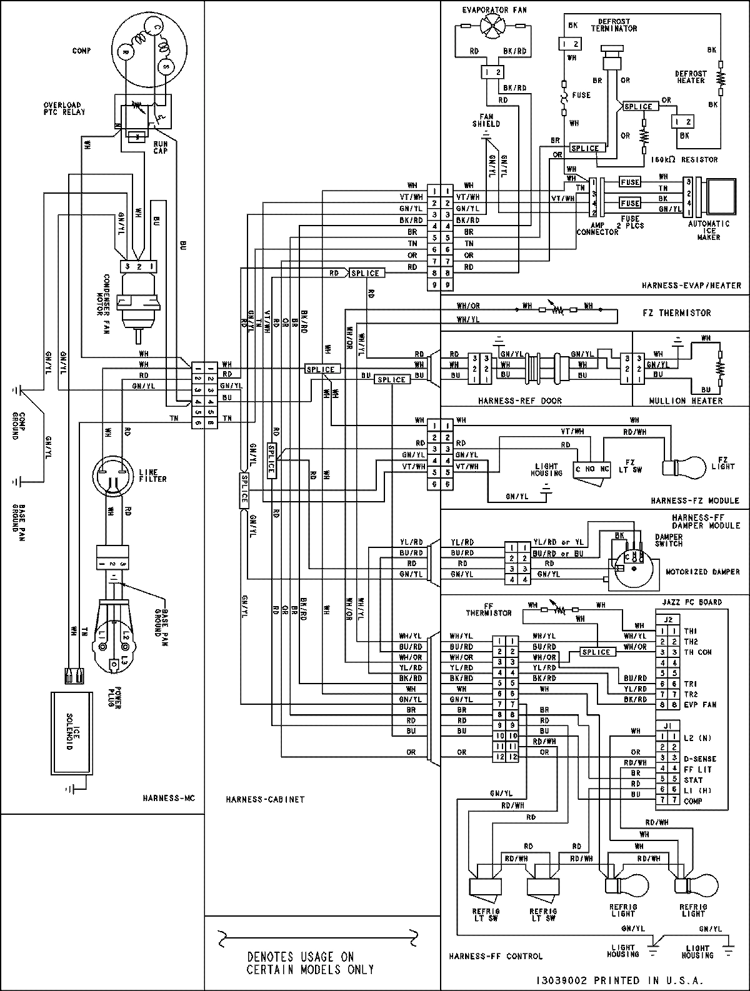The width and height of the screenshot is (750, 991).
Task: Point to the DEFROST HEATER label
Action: [x=691, y=77]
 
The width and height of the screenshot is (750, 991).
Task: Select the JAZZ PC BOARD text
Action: [x=691, y=602]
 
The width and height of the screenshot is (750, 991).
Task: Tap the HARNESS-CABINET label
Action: [x=265, y=799]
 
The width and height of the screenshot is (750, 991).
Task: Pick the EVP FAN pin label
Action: [x=699, y=705]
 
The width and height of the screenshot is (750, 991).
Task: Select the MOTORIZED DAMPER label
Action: [x=702, y=572]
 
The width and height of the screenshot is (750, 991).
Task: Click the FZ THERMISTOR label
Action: [x=677, y=313]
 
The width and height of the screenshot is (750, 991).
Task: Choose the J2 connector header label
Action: [x=667, y=620]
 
